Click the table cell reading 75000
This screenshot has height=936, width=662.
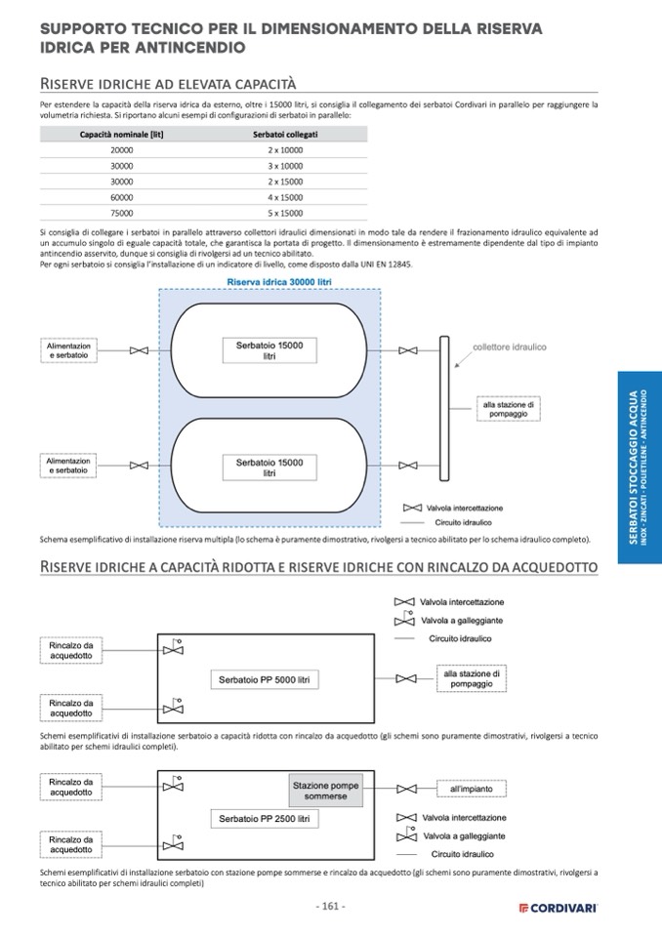[x=122, y=212]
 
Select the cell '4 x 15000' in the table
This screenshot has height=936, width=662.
[x=285, y=196]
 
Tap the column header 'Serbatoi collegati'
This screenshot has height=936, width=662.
[x=285, y=134]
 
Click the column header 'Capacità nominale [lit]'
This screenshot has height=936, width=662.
[x=122, y=134]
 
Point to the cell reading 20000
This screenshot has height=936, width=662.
[x=122, y=149]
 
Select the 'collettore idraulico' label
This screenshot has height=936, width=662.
[x=509, y=346]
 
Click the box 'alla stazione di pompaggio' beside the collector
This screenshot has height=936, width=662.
[x=508, y=408]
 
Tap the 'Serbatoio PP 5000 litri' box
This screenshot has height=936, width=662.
[x=264, y=679]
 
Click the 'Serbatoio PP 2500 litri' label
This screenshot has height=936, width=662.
[x=264, y=818]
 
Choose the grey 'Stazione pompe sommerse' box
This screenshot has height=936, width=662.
[x=326, y=791]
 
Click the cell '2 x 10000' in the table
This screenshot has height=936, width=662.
[x=285, y=149]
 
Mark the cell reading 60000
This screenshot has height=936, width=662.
[x=122, y=196]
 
